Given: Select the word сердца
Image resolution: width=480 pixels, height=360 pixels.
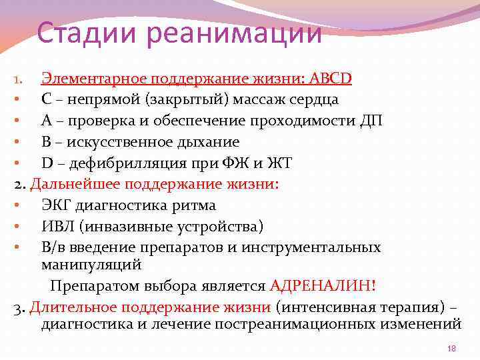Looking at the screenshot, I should click(x=314, y=99).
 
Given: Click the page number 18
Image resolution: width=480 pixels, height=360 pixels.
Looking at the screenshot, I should click(x=451, y=349).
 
